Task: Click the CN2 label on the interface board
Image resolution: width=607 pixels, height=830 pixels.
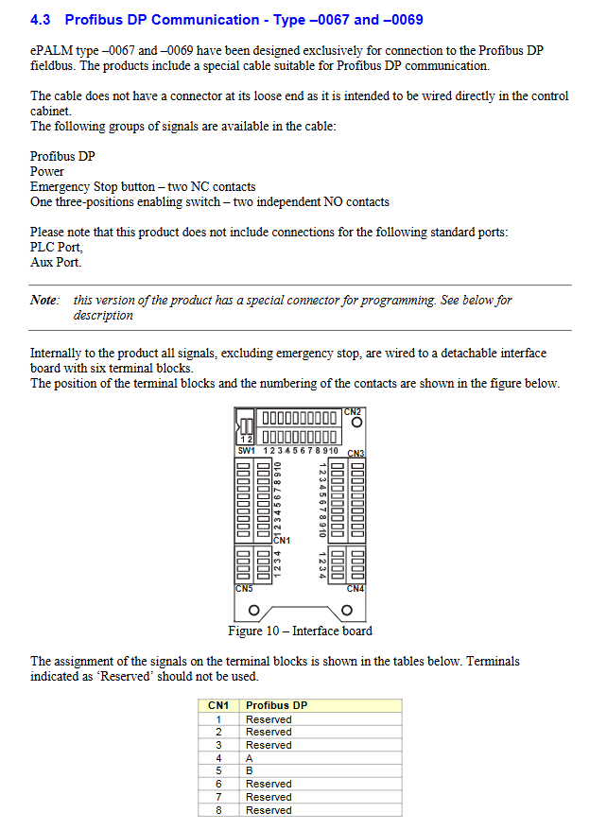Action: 352,412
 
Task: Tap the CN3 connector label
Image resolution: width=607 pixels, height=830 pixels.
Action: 356,454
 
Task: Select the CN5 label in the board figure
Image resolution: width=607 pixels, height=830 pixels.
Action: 244,589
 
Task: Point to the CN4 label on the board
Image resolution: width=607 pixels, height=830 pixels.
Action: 356,589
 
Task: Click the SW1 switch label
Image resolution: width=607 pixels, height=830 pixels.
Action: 246,451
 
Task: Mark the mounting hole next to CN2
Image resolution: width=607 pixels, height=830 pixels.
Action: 357,423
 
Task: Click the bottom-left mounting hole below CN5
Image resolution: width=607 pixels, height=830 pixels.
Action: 254,611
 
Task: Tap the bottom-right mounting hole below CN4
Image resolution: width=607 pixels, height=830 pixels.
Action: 347,611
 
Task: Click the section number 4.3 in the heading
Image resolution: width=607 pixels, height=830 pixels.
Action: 41,20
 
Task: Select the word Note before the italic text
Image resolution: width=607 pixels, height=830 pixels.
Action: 44,300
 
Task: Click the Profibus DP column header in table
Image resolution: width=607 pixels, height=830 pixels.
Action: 277,705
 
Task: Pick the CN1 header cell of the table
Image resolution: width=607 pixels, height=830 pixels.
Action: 218,705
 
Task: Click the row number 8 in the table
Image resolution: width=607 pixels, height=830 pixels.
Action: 218,810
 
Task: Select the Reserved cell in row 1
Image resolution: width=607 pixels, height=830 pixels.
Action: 269,719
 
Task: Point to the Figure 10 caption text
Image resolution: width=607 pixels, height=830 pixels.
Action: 300,631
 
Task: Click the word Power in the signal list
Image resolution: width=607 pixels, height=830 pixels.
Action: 47,171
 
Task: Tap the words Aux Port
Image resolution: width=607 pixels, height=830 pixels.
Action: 56,263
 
